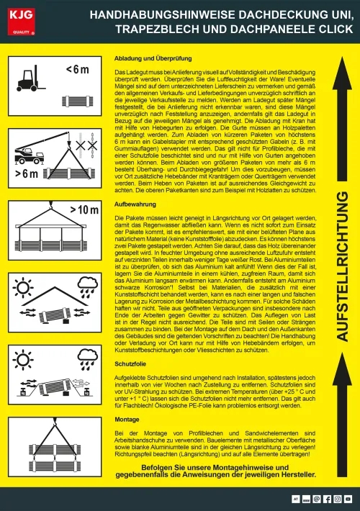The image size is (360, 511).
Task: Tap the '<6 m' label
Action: pos(76,70)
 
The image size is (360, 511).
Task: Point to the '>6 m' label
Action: pos(26,174)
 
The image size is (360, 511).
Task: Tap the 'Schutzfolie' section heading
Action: pos(132,366)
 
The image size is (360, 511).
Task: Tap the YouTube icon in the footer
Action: pos(348,498)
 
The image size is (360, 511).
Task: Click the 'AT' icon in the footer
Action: pos(295,498)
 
